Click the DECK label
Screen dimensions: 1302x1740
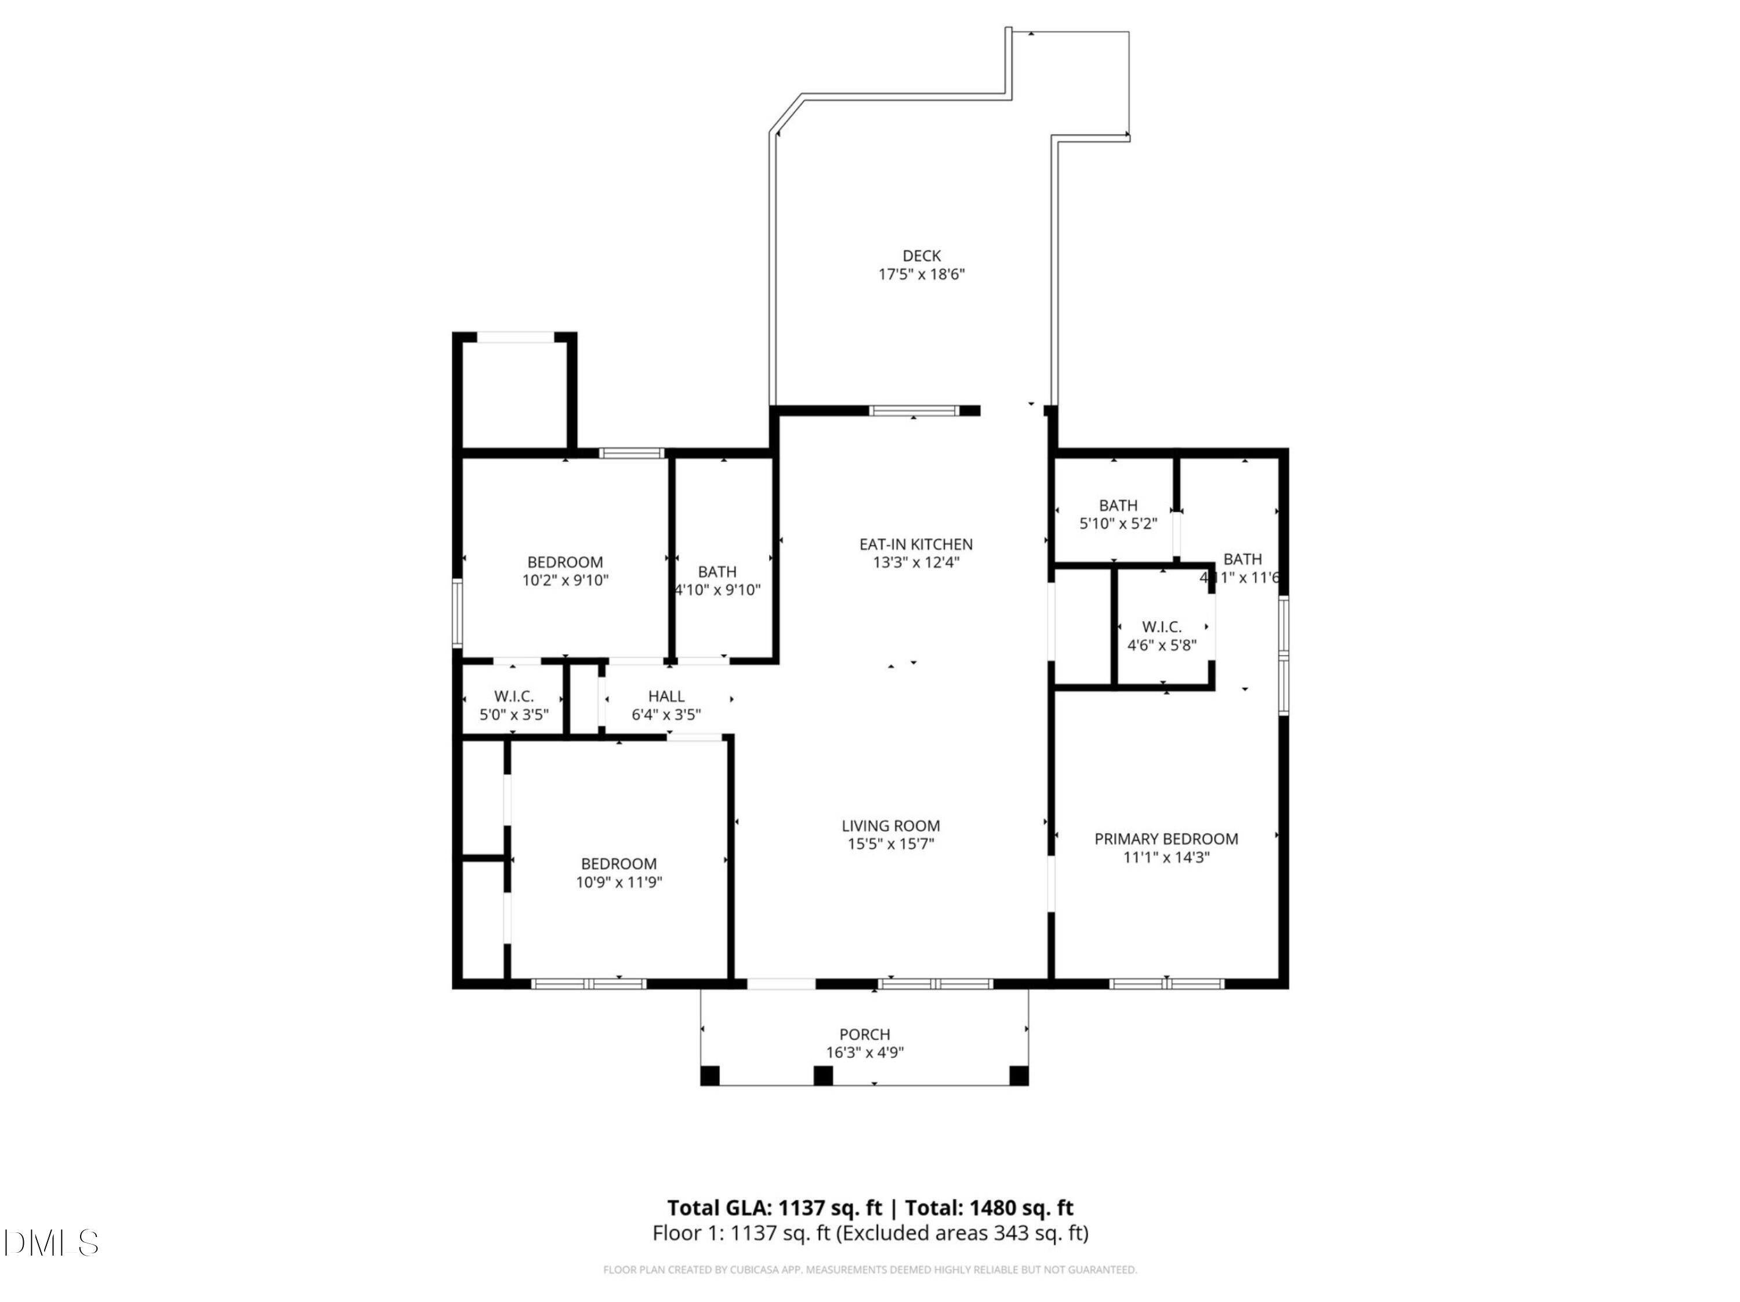pyautogui.click(x=921, y=256)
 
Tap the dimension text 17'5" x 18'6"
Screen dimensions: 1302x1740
pyautogui.click(x=921, y=274)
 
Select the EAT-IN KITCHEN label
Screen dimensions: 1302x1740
pyautogui.click(x=916, y=543)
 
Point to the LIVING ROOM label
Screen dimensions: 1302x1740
pyautogui.click(x=890, y=825)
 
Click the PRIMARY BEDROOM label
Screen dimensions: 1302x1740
pyautogui.click(x=1166, y=839)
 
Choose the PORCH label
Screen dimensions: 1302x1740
pyautogui.click(x=865, y=1035)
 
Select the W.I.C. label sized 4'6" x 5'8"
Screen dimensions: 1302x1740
pyautogui.click(x=1161, y=627)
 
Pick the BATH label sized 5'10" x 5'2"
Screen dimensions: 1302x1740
pyautogui.click(x=1118, y=505)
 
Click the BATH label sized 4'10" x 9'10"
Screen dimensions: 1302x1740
pyautogui.click(x=717, y=571)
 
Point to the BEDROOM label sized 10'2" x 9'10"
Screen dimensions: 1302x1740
pyautogui.click(x=565, y=562)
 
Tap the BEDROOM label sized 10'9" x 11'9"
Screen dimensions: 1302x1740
pyautogui.click(x=618, y=863)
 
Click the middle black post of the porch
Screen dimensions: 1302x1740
pyautogui.click(x=823, y=1075)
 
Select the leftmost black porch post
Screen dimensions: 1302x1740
pyautogui.click(x=709, y=1075)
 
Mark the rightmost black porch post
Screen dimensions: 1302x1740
pyautogui.click(x=1018, y=1075)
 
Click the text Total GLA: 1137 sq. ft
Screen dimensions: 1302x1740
pyautogui.click(x=774, y=1207)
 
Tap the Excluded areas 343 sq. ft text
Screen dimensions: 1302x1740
pyautogui.click(x=961, y=1233)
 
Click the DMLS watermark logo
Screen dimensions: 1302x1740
pyautogui.click(x=51, y=1242)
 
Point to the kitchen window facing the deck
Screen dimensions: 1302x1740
pyautogui.click(x=914, y=410)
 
